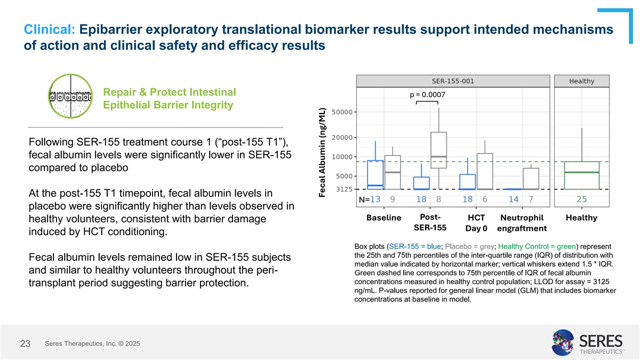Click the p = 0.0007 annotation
427,95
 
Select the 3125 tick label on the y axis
342,189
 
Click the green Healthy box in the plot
581,175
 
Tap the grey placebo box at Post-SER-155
438,150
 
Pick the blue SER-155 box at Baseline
375,174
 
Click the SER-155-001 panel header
452,81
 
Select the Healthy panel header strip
581,81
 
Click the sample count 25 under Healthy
581,199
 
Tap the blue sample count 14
513,199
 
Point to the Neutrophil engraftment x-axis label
522,223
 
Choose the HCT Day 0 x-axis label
476,223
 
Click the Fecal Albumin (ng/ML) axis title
322,152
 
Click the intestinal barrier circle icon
70,97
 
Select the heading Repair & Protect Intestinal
169,92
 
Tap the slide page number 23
25,344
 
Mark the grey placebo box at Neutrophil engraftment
531,179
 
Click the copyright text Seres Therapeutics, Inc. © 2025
93,343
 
